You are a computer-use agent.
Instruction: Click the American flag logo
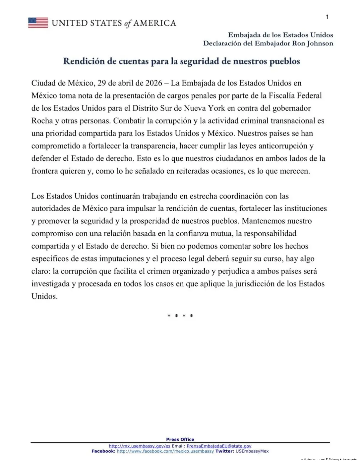pos(38,23)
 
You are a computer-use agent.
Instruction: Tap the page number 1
pos(327,17)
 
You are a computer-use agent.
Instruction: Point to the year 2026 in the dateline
pos(154,83)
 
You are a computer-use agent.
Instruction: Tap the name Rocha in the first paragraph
pos(42,121)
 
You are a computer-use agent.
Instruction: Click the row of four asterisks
pos(180,316)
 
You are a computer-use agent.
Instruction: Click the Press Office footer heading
pos(180,439)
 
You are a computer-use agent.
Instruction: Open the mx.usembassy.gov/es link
pos(139,446)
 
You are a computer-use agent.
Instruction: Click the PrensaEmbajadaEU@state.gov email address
pos(219,446)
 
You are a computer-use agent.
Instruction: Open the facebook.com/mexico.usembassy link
pos(165,451)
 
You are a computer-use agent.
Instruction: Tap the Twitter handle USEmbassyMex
pos(252,451)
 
